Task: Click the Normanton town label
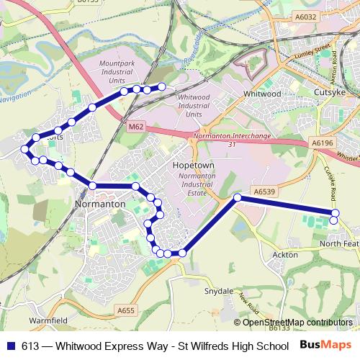(101, 204)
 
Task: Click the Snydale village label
(219, 291)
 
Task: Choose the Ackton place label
(281, 255)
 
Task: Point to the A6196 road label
(324, 143)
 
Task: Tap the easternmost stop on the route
(335, 212)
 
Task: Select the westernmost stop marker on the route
(25, 149)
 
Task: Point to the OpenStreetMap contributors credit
(294, 323)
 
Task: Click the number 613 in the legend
(31, 345)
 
